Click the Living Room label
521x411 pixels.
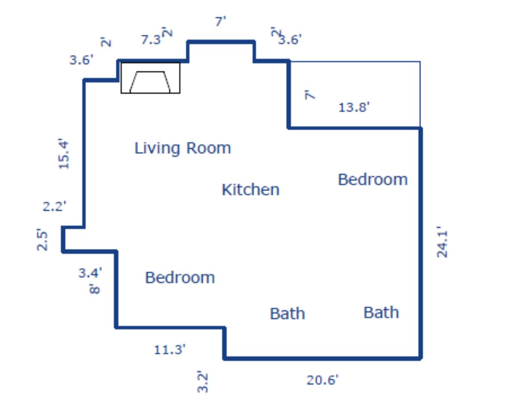[x=183, y=148]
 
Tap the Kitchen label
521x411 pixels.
[x=251, y=190]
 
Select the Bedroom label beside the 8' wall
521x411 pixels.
[x=180, y=277]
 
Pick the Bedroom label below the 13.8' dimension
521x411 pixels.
[x=373, y=179]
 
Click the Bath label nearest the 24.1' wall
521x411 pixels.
[x=381, y=312]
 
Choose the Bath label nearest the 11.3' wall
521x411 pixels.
[x=287, y=313]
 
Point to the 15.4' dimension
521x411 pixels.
[x=64, y=154]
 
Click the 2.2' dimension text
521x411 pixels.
[x=54, y=206]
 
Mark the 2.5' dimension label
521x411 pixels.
[x=42, y=240]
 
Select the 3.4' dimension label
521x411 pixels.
[x=90, y=273]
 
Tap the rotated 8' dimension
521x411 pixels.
[x=95, y=289]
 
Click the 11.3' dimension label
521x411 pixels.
[x=170, y=350]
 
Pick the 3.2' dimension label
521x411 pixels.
[x=203, y=382]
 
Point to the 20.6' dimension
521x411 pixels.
[x=322, y=380]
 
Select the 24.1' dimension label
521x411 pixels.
[x=442, y=242]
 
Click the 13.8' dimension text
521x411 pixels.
[x=354, y=107]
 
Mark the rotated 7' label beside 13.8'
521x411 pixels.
[x=309, y=95]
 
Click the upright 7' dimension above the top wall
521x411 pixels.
[x=220, y=22]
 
